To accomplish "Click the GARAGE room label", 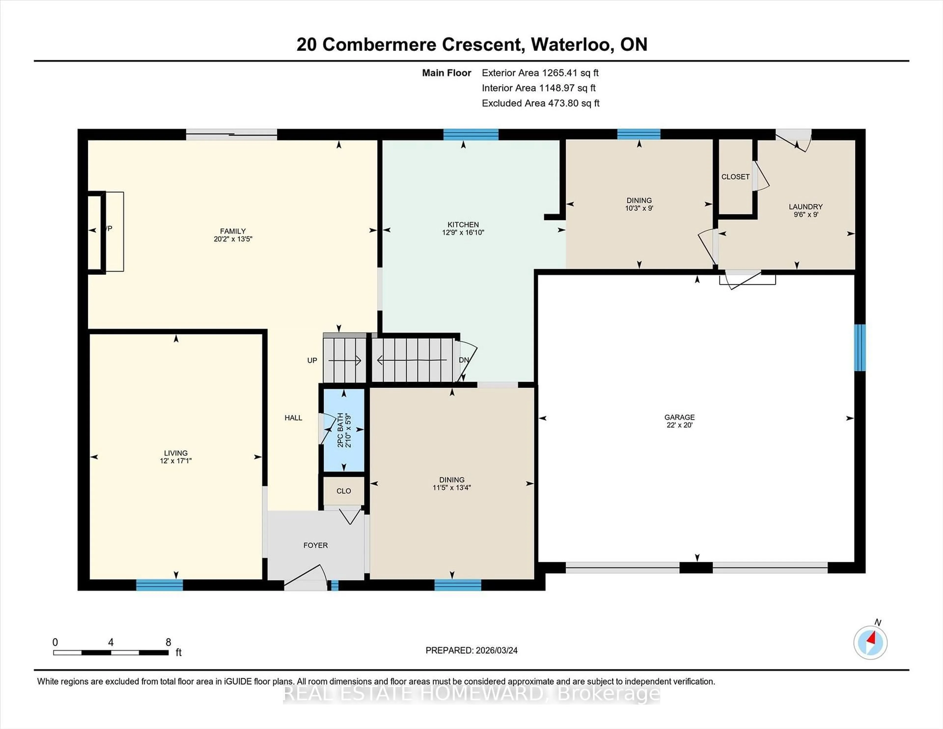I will click(679, 417).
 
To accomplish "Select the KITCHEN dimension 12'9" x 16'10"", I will click(463, 232).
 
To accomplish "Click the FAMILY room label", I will click(233, 231).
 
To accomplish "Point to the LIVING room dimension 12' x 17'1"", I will click(176, 461).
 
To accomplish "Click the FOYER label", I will click(315, 545).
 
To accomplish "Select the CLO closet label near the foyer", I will click(344, 491).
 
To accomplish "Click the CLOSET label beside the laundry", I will click(735, 177).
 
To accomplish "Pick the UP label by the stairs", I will click(312, 360).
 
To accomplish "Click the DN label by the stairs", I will click(464, 360).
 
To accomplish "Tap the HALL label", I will click(293, 418).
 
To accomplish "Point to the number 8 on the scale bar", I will click(168, 642).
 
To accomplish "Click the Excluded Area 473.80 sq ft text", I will click(540, 103).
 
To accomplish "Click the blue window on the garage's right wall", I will click(860, 348).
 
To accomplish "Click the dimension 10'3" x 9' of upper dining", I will click(639, 208).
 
